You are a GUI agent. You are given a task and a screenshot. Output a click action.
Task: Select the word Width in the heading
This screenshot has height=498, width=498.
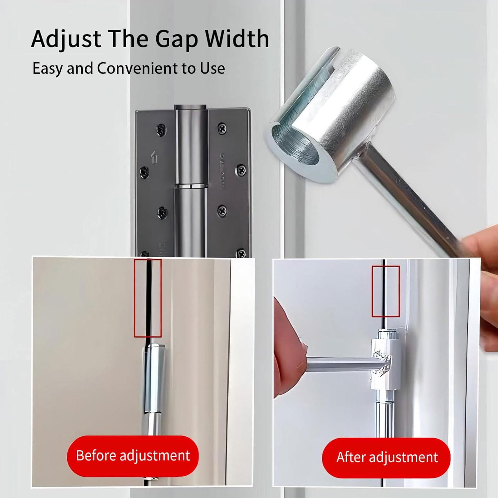(x=236, y=39)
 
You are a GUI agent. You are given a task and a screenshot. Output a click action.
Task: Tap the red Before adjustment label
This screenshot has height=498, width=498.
(x=133, y=456)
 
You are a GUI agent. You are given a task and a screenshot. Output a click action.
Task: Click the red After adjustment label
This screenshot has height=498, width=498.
(x=386, y=457)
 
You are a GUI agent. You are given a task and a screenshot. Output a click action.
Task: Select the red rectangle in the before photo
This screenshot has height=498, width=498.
(x=148, y=298)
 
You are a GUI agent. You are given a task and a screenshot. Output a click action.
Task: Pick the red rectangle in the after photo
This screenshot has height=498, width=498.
(x=385, y=291)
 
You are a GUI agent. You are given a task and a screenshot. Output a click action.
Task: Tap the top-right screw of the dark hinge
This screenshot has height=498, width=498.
(x=222, y=128)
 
